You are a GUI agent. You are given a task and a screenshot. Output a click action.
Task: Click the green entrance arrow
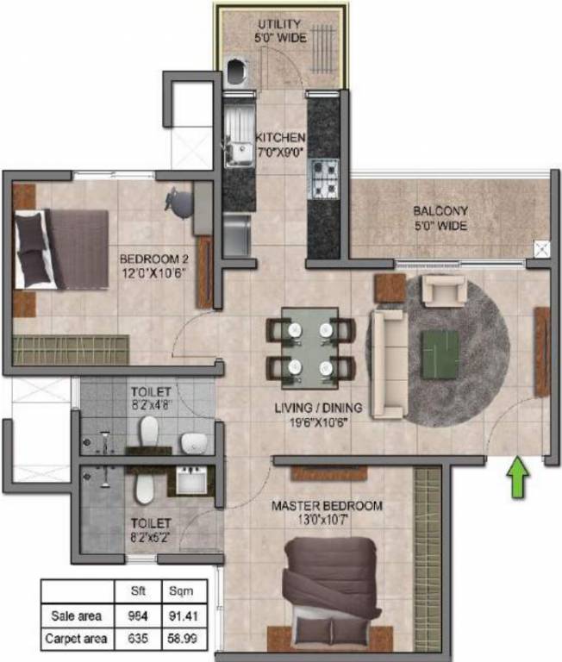[x=516, y=477]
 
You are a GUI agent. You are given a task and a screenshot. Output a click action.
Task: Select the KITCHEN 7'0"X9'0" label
[x=280, y=145]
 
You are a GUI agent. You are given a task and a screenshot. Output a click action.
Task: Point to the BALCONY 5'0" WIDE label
[x=440, y=218]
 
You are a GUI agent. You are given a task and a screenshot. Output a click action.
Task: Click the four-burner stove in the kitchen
[x=325, y=175]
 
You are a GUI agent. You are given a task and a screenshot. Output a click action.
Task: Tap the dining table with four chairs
[x=310, y=347]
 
